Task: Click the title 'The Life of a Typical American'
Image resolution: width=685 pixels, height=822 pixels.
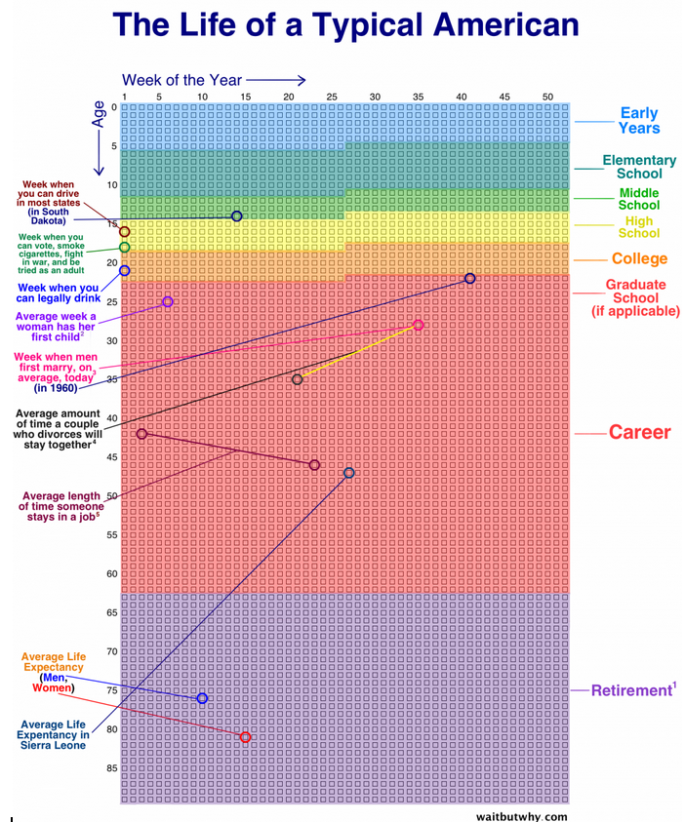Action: tap(345, 24)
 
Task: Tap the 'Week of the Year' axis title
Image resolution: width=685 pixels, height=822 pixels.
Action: tap(181, 80)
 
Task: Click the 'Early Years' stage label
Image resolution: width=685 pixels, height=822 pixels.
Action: tap(639, 121)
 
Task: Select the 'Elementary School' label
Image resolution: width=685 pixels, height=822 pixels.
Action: tap(639, 167)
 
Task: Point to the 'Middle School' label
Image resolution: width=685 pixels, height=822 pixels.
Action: tap(639, 199)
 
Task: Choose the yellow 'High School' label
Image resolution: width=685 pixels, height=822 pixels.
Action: tap(639, 227)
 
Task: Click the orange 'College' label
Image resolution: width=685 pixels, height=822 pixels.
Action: tap(639, 258)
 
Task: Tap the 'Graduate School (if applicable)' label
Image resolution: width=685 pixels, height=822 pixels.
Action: tap(636, 297)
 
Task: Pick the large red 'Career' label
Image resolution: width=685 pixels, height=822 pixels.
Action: tap(639, 432)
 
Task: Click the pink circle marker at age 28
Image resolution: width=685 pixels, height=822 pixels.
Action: tap(419, 325)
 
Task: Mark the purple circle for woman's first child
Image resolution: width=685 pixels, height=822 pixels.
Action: tap(168, 302)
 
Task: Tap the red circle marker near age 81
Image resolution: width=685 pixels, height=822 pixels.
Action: tap(245, 737)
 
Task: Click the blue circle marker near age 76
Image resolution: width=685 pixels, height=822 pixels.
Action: tap(202, 698)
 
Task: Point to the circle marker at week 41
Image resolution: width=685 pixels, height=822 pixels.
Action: tap(469, 279)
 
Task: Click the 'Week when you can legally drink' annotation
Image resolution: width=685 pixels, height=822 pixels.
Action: tap(59, 294)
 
